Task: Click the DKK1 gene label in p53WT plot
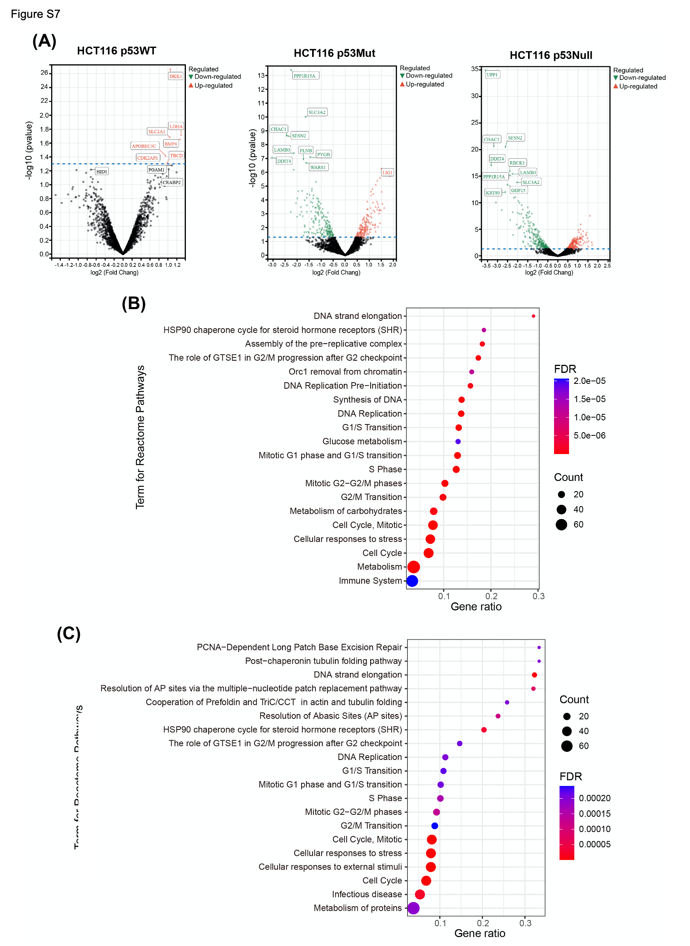pyautogui.click(x=175, y=76)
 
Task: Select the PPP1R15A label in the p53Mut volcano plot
pyautogui.click(x=304, y=76)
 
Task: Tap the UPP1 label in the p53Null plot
pyautogui.click(x=492, y=75)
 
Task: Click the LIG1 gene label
pyautogui.click(x=387, y=173)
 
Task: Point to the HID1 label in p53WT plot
pyautogui.click(x=101, y=172)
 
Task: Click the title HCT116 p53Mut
pyautogui.click(x=334, y=53)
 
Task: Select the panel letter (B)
pyautogui.click(x=134, y=303)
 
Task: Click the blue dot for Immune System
pyautogui.click(x=412, y=581)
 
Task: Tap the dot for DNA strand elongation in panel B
pyautogui.click(x=533, y=316)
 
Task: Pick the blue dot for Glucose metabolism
pyautogui.click(x=458, y=442)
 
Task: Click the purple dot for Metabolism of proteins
pyautogui.click(x=413, y=908)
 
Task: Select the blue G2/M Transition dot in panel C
pyautogui.click(x=434, y=826)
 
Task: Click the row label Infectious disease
pyautogui.click(x=367, y=894)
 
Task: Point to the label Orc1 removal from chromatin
pyautogui.click(x=345, y=372)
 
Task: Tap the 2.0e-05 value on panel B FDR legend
pyautogui.click(x=589, y=381)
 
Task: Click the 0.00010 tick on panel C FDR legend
pyautogui.click(x=594, y=829)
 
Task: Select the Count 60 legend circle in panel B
pyautogui.click(x=561, y=525)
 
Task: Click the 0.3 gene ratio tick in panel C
pyautogui.click(x=525, y=923)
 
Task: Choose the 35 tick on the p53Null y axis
pyautogui.click(x=475, y=69)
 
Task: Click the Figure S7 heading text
pyautogui.click(x=35, y=14)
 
